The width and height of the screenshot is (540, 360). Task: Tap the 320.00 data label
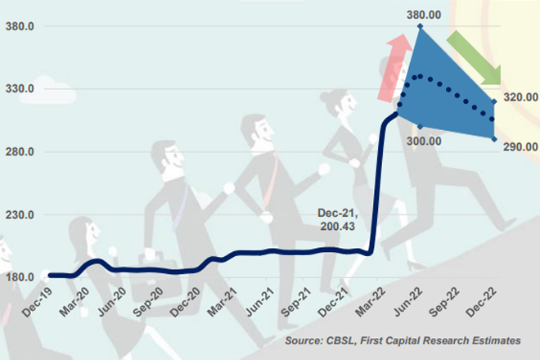tap(519, 97)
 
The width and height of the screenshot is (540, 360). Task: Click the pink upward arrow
tap(394, 70)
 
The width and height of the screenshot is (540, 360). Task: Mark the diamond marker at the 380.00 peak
tap(420, 26)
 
